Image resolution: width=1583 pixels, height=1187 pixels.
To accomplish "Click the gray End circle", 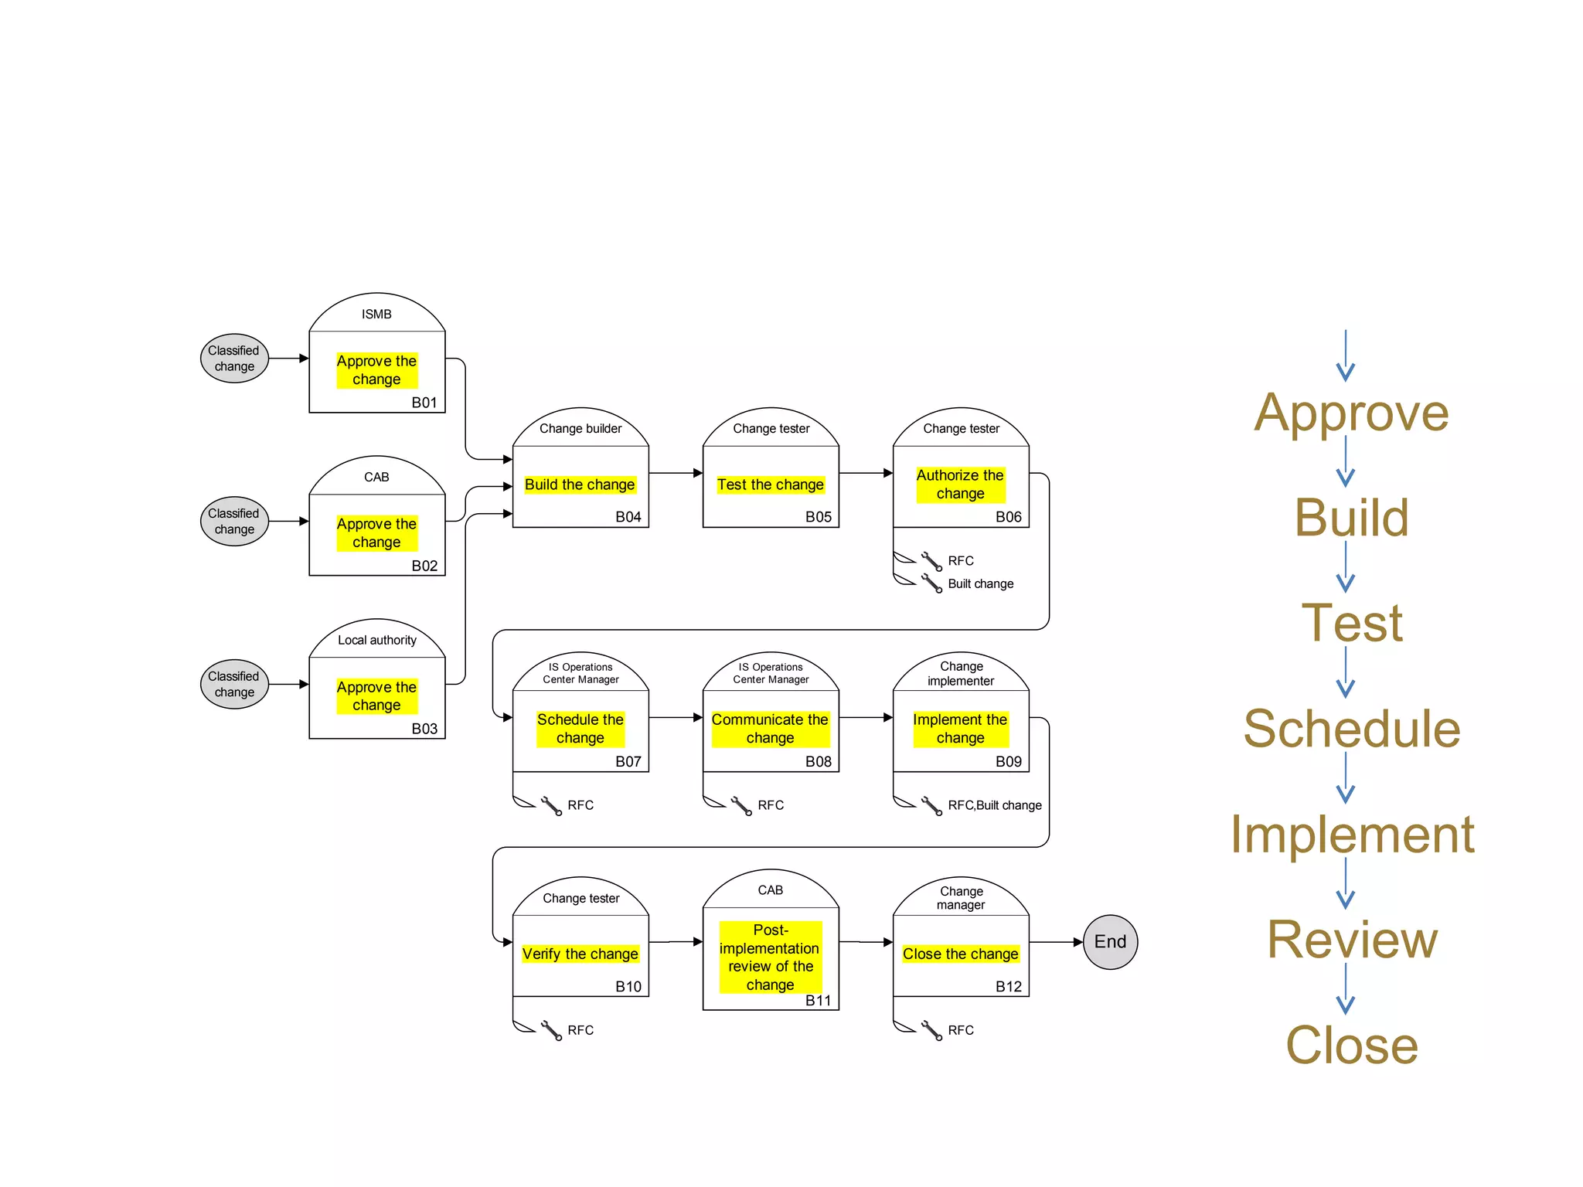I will click(1110, 941).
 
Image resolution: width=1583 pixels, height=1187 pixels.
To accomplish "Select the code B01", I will click(424, 403).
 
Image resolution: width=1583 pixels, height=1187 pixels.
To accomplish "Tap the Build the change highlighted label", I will click(580, 485).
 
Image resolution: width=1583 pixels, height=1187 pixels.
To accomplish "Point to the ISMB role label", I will click(376, 314).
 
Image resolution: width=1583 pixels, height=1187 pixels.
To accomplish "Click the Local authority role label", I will click(376, 640).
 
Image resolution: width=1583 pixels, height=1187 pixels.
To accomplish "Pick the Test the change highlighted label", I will click(770, 485).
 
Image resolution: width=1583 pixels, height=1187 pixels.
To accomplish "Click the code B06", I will click(1008, 517).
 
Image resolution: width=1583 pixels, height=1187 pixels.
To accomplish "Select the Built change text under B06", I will click(980, 583).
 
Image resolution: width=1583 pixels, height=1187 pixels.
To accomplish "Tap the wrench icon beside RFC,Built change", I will click(931, 806).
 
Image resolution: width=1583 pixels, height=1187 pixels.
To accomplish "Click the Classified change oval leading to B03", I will click(234, 684).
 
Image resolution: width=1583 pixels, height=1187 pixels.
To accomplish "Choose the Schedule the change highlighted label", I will click(580, 729).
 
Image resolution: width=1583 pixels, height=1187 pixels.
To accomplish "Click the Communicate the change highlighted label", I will click(770, 729).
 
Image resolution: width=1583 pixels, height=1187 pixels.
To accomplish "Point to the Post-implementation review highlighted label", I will click(770, 957).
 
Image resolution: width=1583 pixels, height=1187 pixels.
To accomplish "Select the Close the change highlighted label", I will click(960, 954).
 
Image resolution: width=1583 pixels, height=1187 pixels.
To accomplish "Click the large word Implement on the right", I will click(1352, 835).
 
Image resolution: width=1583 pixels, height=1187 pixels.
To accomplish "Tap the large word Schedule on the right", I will click(1352, 729).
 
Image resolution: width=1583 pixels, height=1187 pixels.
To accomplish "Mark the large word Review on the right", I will click(1352, 940).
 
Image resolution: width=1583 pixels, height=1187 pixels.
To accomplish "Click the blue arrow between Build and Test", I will click(1346, 568).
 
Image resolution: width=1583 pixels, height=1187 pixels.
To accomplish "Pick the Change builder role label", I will click(580, 428).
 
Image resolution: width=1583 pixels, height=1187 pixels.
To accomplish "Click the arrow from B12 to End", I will click(1057, 942).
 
